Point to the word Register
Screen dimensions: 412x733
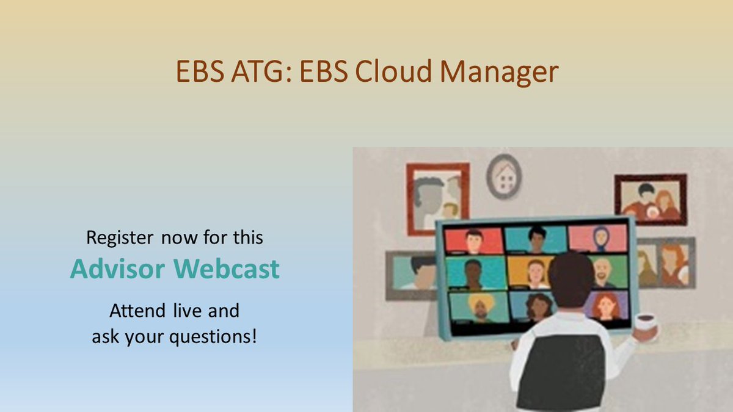point(121,237)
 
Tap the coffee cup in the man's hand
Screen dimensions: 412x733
point(646,323)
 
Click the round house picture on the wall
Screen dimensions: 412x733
point(504,176)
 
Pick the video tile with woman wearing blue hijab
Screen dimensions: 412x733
point(597,238)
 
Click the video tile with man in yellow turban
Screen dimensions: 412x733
point(478,306)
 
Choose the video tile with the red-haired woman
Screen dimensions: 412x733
point(605,305)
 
